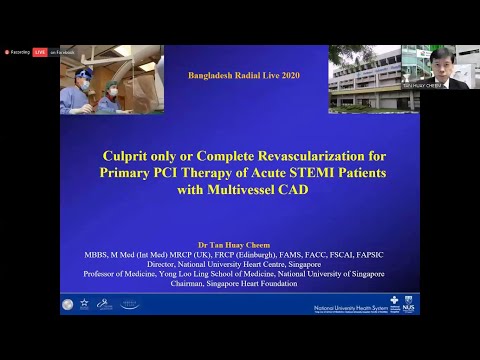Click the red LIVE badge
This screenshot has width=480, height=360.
(x=40, y=51)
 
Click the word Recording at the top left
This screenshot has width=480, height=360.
(x=18, y=51)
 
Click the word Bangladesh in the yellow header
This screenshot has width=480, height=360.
(x=215, y=75)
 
